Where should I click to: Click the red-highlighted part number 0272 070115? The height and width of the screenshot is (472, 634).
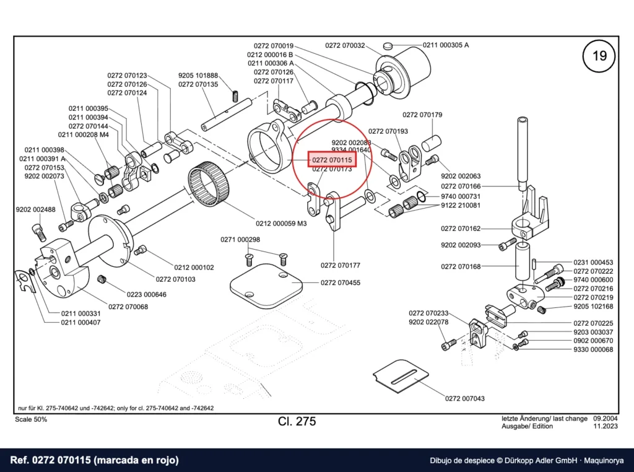[332, 160]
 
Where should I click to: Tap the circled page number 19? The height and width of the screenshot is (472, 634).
[599, 55]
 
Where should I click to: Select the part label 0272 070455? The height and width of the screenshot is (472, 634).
[341, 282]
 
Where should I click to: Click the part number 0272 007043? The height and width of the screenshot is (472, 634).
[464, 398]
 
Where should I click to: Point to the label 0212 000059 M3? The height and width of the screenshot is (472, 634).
[281, 223]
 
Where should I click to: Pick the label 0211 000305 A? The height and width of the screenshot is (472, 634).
[446, 45]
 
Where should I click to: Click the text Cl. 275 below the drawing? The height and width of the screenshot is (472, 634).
[297, 421]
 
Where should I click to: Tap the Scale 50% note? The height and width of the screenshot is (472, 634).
[31, 419]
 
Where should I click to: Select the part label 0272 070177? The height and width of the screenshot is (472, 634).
[341, 265]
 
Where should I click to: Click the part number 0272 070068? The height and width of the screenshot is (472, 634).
[128, 307]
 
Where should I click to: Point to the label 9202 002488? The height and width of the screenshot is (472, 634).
[35, 209]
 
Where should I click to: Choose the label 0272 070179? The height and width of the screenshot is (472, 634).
[422, 115]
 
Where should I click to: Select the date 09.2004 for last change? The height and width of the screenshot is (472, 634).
[606, 419]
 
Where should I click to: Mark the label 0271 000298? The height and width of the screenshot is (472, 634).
[240, 240]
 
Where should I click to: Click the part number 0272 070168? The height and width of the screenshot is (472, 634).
[461, 266]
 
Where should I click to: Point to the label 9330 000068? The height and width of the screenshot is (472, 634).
[593, 349]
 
